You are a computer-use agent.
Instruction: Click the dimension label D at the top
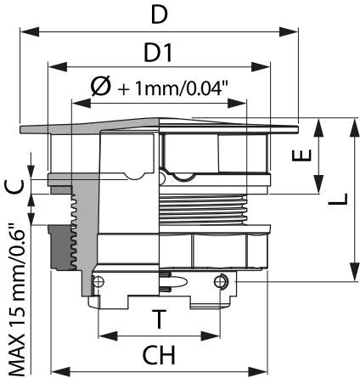click(x=160, y=15)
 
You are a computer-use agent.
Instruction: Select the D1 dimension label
click(x=158, y=53)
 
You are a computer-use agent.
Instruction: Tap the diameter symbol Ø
click(x=101, y=87)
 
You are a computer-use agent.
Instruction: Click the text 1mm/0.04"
click(x=182, y=88)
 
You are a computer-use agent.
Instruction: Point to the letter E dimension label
click(x=301, y=155)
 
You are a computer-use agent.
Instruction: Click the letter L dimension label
click(x=338, y=199)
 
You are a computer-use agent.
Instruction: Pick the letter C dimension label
click(x=14, y=187)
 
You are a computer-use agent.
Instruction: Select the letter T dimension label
click(x=159, y=319)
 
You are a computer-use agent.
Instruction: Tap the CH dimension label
click(x=159, y=355)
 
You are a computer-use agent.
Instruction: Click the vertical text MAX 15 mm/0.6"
click(x=16, y=300)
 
